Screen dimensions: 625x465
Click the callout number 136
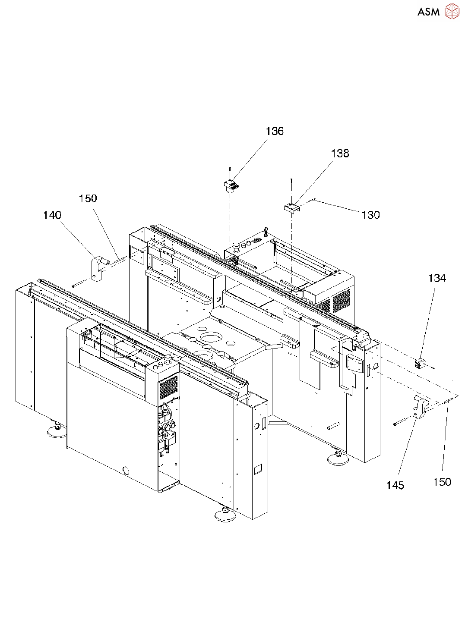(275, 131)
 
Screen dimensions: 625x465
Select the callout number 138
(340, 153)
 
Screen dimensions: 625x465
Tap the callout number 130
(370, 215)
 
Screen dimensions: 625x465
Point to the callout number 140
(52, 215)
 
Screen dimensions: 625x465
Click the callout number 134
(437, 278)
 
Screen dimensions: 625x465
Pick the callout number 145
(395, 485)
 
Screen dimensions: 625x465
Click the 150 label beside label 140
(88, 198)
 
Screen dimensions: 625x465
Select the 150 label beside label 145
(442, 482)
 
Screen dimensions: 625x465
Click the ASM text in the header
(428, 12)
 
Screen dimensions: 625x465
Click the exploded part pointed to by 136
(231, 186)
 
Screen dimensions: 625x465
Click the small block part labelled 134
(420, 363)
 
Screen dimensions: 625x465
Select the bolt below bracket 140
(79, 283)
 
